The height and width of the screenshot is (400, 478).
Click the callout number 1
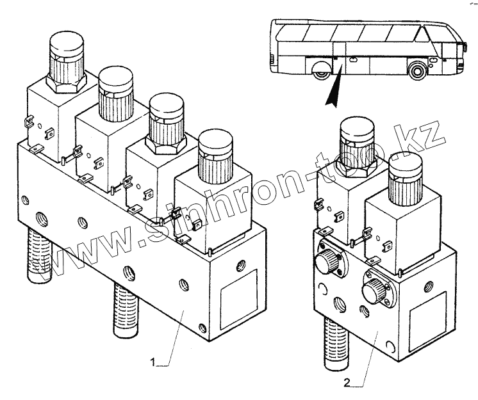[154, 363]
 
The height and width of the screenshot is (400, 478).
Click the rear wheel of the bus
[322, 70]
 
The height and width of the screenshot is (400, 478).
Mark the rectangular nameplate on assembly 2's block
[425, 317]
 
